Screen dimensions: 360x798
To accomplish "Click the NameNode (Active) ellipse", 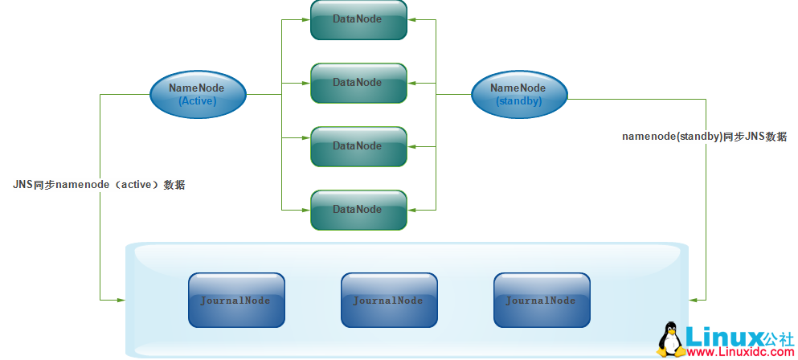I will (198, 94).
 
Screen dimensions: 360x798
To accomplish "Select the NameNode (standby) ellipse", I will (518, 94).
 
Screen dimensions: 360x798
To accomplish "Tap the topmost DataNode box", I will (358, 19).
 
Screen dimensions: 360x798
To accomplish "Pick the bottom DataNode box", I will (358, 210).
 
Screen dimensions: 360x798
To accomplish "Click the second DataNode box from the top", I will (358, 83).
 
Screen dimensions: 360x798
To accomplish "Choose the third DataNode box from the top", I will (358, 146).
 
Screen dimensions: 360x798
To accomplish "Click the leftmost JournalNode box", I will (236, 300).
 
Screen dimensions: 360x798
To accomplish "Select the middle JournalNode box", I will (389, 300).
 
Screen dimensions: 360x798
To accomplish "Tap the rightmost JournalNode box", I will (542, 300).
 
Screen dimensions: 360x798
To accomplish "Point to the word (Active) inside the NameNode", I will (198, 101).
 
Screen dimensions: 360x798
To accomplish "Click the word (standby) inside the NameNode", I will (518, 101).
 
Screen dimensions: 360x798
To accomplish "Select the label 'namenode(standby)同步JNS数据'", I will (704, 137).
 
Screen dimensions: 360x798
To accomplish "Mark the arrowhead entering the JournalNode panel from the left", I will (121, 300).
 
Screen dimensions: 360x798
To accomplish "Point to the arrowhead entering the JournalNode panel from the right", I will (694, 300).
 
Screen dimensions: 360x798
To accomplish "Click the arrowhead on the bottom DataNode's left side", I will (306, 210).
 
